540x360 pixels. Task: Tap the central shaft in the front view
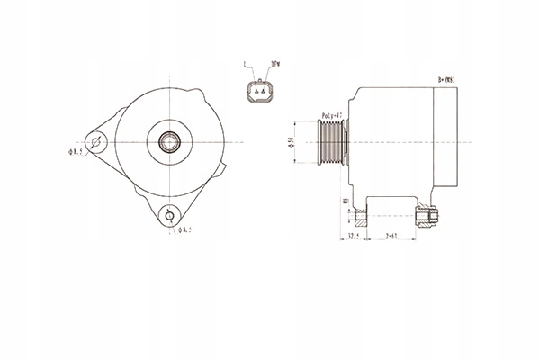(168, 141)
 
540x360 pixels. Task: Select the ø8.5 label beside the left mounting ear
(75, 153)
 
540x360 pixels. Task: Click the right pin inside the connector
(263, 92)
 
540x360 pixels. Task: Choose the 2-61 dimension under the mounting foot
(391, 237)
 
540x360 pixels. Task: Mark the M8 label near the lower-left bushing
(346, 202)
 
